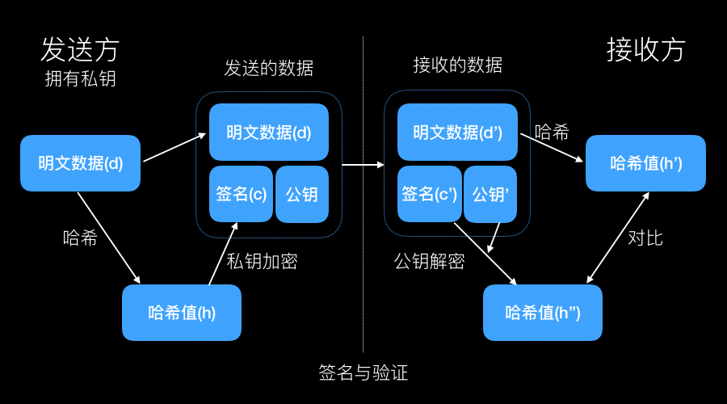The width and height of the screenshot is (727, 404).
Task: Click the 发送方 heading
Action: [x=80, y=49]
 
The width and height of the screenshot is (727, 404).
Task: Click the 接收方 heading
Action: [x=645, y=49]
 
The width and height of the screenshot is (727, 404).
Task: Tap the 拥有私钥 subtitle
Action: [x=80, y=78]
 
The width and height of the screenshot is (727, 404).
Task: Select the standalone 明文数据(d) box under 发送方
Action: [x=80, y=163]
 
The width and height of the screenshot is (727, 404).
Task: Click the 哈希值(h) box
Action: [x=182, y=313]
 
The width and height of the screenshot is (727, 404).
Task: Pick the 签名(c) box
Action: [x=241, y=194]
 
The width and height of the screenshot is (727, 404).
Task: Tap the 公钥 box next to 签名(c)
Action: [x=302, y=194]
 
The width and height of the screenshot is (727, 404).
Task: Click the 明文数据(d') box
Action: [x=457, y=133]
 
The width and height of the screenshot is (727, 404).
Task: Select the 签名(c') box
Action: [x=430, y=194]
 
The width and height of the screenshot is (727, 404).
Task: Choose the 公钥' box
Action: [x=490, y=194]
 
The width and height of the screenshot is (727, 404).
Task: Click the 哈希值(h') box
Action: [x=645, y=163]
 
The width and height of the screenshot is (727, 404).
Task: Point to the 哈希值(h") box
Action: [x=543, y=313]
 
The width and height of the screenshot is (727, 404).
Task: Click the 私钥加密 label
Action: [x=262, y=262]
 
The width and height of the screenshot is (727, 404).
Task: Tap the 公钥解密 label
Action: [x=430, y=262]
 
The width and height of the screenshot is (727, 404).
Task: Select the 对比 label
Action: [x=645, y=238]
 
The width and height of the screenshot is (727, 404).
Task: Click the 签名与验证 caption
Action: [x=363, y=372]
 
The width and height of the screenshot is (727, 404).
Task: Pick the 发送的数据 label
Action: [x=269, y=68]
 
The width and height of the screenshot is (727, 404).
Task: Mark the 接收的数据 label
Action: [x=458, y=65]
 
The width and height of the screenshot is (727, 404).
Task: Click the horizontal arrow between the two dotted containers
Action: [x=363, y=165]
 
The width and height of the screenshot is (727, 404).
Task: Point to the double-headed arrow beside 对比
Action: [x=618, y=238]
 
